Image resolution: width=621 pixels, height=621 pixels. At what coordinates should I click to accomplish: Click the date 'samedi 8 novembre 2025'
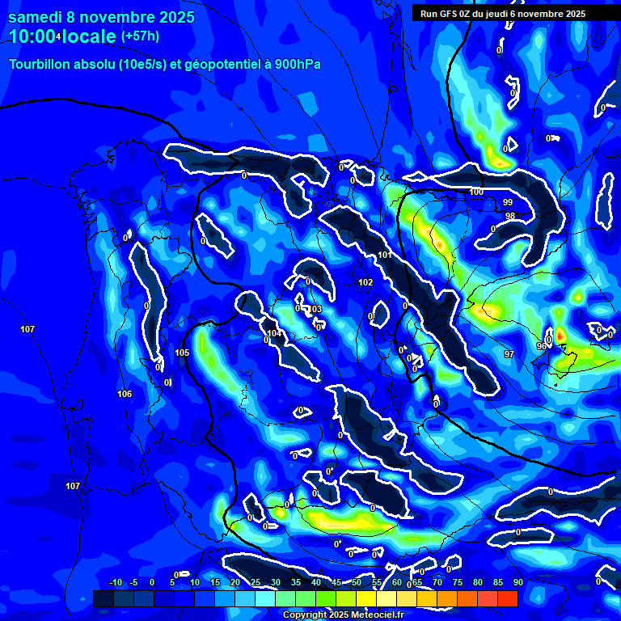click(101, 17)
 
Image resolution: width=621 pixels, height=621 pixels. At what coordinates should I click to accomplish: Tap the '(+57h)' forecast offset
click(140, 36)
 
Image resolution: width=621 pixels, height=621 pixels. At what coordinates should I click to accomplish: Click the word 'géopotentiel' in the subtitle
click(219, 64)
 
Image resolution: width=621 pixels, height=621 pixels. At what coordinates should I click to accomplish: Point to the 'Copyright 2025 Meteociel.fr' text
click(343, 615)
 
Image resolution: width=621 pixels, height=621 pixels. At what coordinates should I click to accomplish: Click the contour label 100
click(476, 192)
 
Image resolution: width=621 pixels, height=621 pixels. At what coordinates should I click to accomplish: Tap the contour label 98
click(509, 216)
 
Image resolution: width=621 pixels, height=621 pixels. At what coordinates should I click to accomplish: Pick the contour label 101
click(385, 256)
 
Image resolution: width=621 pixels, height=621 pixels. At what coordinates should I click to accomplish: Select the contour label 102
click(365, 282)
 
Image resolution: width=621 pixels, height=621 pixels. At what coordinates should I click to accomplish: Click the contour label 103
click(315, 309)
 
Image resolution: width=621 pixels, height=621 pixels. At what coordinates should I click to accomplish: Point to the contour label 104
click(274, 333)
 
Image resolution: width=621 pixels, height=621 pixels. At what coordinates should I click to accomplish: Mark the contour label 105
click(182, 353)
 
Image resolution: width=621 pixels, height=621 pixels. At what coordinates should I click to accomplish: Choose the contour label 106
click(125, 394)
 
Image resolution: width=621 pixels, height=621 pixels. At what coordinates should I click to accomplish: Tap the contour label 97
click(509, 354)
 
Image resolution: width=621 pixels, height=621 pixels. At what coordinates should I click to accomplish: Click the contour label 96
click(541, 346)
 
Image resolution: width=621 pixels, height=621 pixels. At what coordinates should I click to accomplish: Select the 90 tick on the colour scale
click(517, 582)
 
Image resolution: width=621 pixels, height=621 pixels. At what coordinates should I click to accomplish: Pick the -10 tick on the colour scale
click(116, 582)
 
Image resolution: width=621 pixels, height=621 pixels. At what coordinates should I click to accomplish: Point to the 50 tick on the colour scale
click(357, 582)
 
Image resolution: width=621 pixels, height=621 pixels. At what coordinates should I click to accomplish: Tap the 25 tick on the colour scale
click(256, 582)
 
